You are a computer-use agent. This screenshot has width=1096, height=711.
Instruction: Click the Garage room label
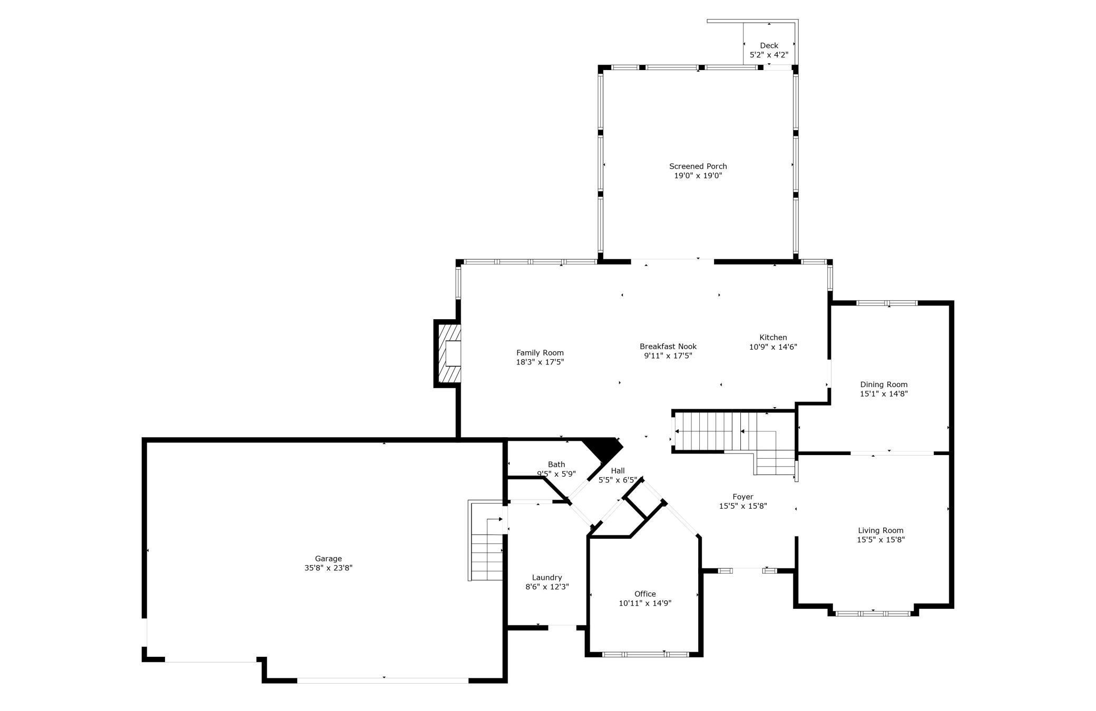(328, 558)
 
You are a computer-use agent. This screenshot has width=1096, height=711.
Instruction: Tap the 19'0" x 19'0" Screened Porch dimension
(698, 175)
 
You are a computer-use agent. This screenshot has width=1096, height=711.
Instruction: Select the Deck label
(769, 45)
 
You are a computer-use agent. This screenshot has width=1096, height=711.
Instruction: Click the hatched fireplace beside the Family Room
(448, 353)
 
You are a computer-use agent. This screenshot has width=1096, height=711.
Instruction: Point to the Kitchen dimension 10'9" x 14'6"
(773, 347)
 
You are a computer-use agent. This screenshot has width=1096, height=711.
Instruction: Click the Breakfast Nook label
(668, 346)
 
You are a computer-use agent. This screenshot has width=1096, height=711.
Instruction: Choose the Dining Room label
(884, 384)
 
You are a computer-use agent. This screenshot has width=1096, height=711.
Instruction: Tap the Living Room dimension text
(880, 539)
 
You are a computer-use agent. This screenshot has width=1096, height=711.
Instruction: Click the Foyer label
(742, 496)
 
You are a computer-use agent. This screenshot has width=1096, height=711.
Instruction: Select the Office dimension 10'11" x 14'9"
(645, 603)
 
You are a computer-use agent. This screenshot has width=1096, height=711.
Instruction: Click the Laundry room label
(547, 577)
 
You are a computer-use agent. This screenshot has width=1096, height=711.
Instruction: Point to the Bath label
(556, 464)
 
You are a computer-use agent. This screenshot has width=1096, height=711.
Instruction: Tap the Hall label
(618, 470)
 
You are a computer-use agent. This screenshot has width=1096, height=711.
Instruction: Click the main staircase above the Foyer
(732, 432)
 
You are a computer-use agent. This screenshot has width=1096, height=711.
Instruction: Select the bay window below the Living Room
(873, 613)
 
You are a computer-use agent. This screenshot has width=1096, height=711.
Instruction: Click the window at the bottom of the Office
(645, 654)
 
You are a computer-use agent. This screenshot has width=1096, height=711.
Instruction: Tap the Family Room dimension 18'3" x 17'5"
(540, 362)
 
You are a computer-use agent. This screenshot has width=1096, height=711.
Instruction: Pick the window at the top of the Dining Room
(887, 303)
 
